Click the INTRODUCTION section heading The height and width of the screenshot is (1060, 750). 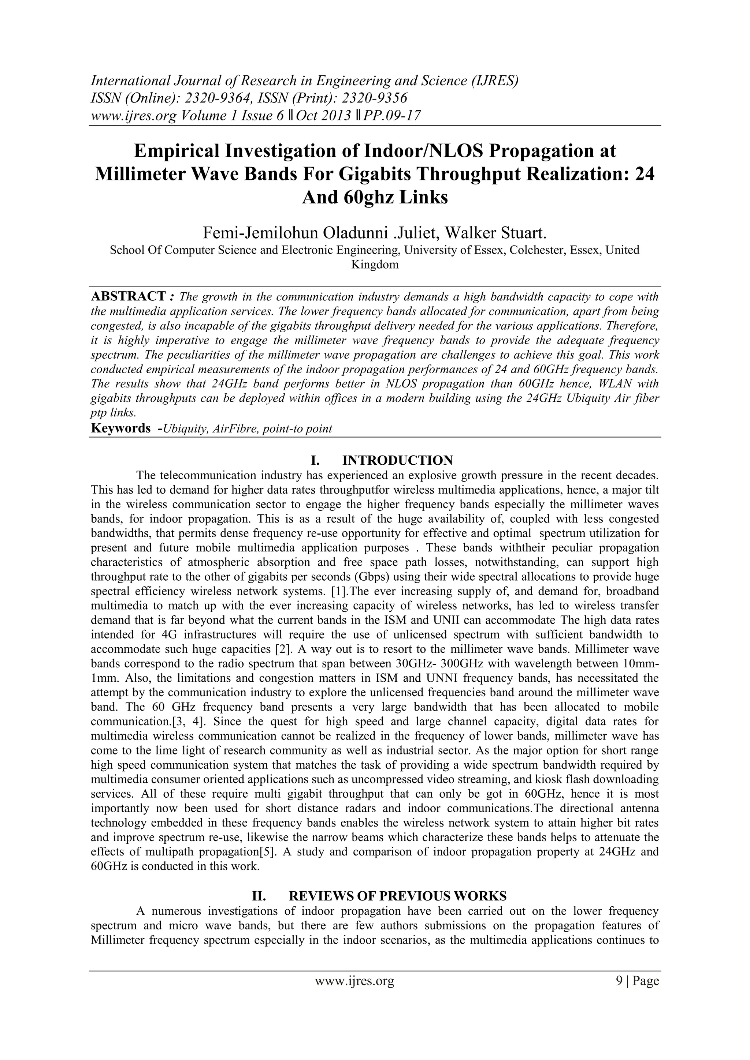tap(397, 460)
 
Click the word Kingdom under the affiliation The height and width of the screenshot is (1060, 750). tap(375, 265)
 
